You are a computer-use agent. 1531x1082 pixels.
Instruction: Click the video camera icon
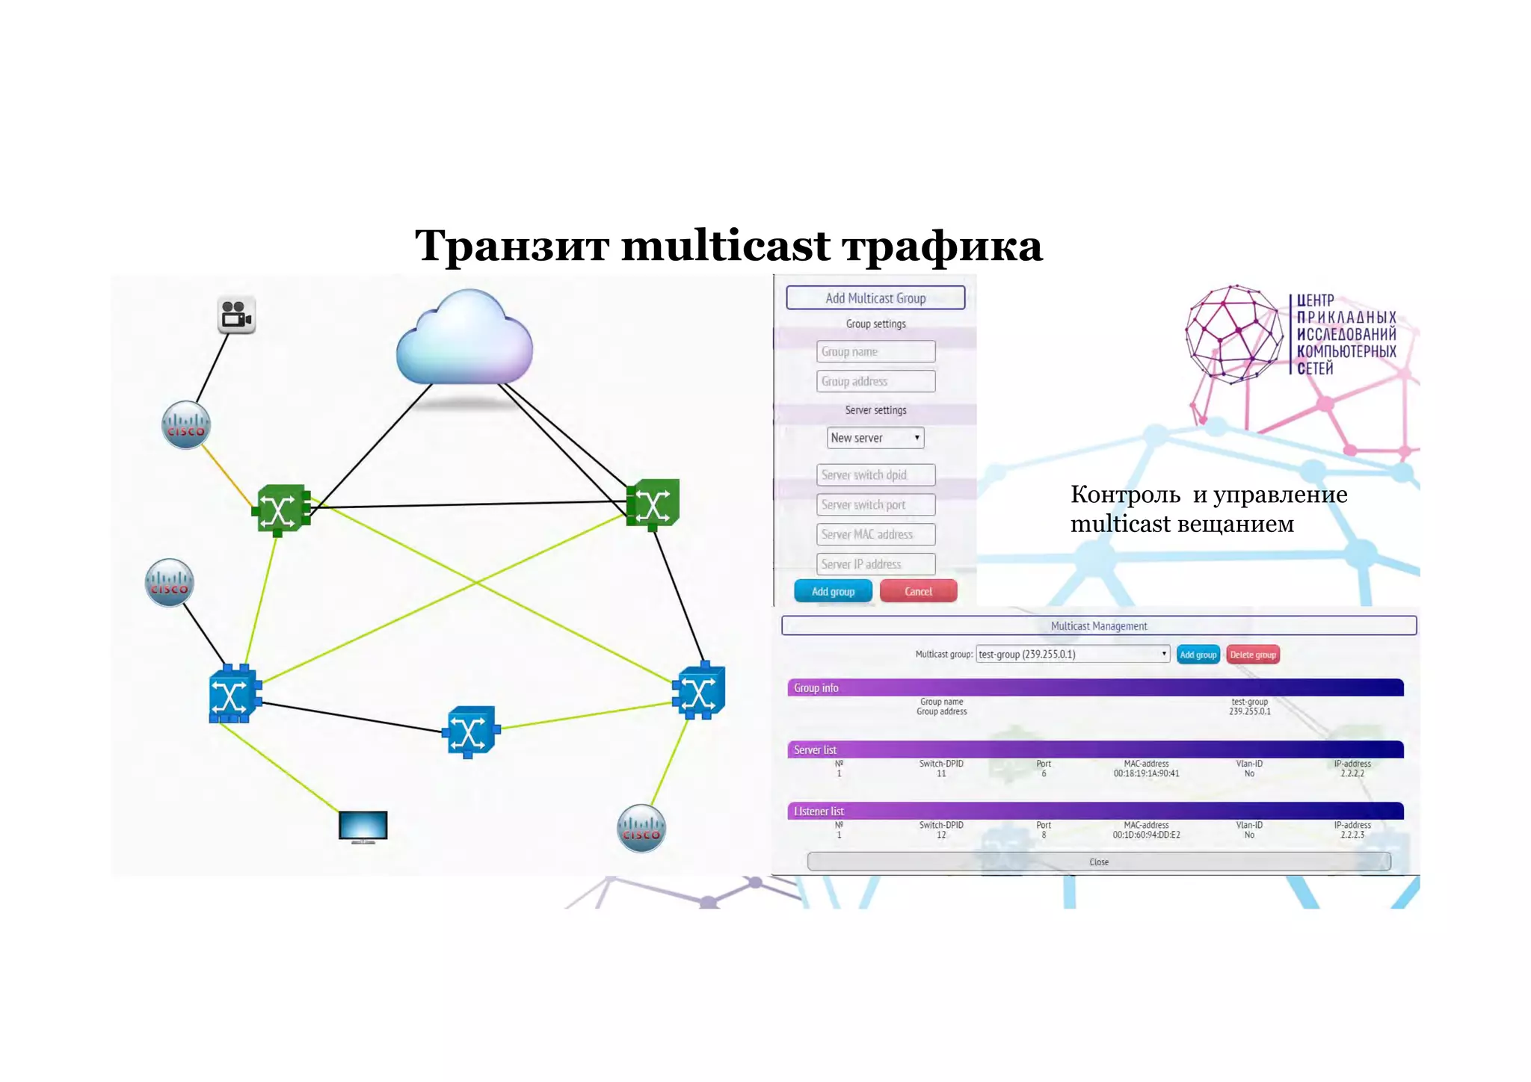236,315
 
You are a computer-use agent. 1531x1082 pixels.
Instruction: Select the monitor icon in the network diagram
363,826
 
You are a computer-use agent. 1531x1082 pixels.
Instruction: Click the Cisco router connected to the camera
186,425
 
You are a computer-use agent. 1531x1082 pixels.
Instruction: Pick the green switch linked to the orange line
281,510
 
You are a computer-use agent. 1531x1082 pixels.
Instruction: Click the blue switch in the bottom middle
470,731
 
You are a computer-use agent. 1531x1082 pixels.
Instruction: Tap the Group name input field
875,351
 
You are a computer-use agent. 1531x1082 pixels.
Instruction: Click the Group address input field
875,381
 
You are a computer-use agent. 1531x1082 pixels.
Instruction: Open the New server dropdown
875,438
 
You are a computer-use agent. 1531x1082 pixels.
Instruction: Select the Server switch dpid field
875,474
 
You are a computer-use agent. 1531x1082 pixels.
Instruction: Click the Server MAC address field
875,534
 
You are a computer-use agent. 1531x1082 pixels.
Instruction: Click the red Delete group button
1252,655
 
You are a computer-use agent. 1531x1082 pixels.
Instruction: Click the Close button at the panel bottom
1098,862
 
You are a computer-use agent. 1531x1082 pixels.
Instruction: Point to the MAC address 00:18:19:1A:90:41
1146,773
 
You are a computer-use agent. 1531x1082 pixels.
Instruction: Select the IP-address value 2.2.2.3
1352,835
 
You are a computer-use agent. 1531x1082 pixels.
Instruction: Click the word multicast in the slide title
725,245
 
